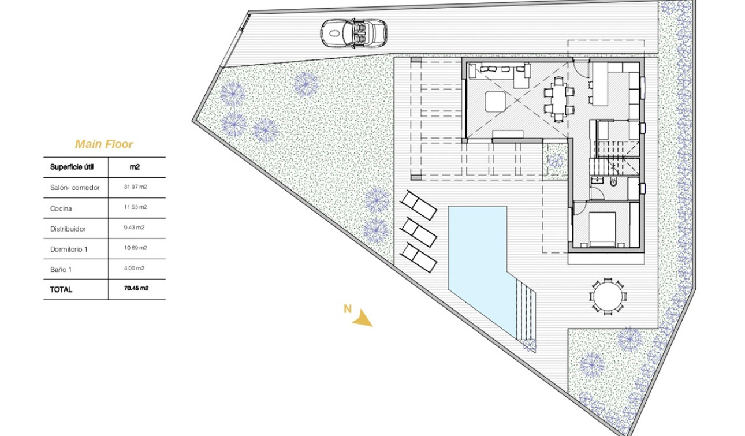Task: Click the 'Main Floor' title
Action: tap(104, 144)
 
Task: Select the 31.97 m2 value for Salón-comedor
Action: tap(135, 187)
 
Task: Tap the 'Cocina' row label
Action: tap(61, 208)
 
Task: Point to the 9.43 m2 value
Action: tap(135, 228)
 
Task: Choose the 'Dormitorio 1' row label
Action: tap(69, 249)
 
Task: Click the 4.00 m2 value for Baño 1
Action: tap(135, 269)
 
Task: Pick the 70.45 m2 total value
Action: tap(136, 289)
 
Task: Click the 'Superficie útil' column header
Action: tap(72, 167)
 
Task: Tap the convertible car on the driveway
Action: tap(353, 33)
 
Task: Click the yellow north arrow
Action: tap(362, 318)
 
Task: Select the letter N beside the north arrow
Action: tap(347, 309)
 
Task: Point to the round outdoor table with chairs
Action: tap(608, 296)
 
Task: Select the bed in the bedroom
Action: tap(601, 228)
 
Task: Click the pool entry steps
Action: tap(525, 312)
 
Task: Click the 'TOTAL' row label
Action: tap(61, 289)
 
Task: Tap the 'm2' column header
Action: tap(135, 167)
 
